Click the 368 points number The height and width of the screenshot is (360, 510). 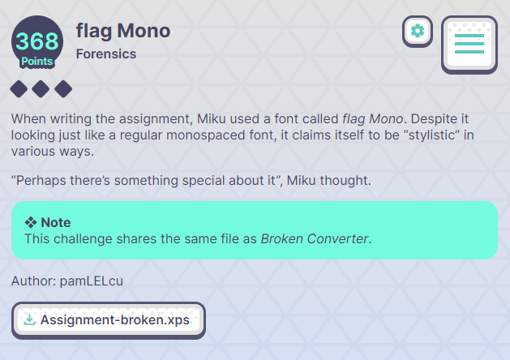click(x=36, y=41)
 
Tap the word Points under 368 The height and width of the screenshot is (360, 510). click(x=36, y=61)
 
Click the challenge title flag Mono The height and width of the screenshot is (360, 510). click(x=123, y=31)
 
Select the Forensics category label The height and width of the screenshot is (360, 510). click(x=105, y=54)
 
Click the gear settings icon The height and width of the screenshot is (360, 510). click(x=418, y=32)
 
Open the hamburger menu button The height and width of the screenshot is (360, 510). click(x=469, y=44)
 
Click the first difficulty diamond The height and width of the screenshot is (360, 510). click(x=19, y=88)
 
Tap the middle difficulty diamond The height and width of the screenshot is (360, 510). click(x=41, y=88)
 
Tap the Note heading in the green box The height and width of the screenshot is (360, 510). click(x=56, y=222)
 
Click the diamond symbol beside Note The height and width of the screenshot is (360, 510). click(x=31, y=222)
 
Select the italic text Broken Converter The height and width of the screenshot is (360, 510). click(x=315, y=238)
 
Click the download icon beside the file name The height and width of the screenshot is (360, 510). click(x=29, y=320)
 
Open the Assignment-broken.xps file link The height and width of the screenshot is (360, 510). click(x=114, y=320)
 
